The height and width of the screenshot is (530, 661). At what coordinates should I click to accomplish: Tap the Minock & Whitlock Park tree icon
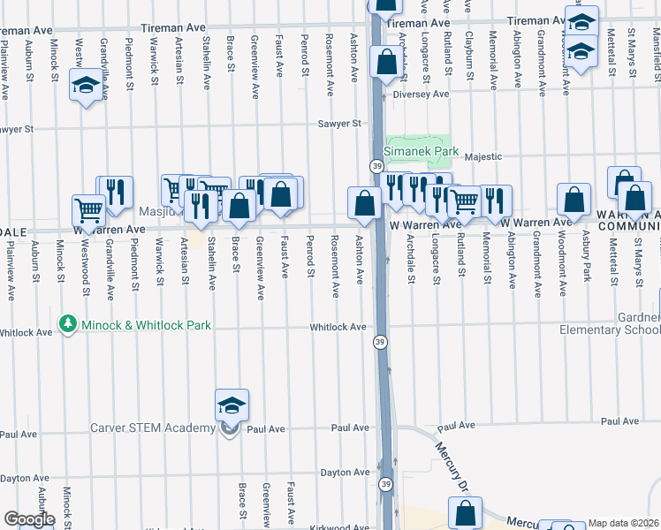click(67, 325)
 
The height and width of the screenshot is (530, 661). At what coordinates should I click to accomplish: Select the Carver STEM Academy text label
click(152, 428)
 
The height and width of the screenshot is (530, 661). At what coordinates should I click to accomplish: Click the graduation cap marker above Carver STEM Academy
click(232, 405)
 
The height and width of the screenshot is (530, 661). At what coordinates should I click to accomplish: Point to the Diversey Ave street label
click(422, 94)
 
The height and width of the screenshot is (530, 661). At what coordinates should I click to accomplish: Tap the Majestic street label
click(483, 156)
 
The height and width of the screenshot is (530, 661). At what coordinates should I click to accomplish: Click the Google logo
click(29, 519)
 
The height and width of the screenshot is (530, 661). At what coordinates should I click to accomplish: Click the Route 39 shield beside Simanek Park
click(376, 166)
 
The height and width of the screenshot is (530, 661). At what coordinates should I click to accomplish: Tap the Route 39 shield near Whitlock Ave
click(378, 342)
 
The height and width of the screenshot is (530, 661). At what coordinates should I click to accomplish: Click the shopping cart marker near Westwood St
click(89, 210)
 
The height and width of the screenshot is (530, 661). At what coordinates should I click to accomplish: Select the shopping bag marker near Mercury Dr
click(465, 512)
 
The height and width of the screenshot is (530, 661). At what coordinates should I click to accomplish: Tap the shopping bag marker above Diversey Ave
click(387, 63)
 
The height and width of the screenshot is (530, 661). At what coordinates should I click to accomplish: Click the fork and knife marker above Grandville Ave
click(115, 192)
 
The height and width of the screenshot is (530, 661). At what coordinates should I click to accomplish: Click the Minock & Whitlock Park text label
click(146, 325)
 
